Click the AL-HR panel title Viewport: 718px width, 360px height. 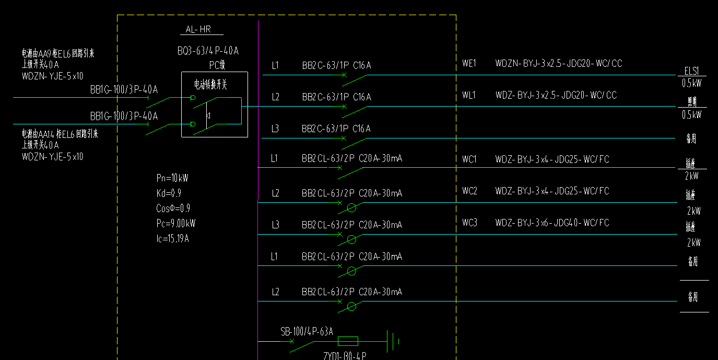pyautogui.click(x=198, y=30)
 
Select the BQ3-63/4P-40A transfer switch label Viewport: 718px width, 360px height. pyautogui.click(x=208, y=51)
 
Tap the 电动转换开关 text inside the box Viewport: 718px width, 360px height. pyautogui.click(x=211, y=84)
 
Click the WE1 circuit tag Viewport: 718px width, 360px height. pyautogui.click(x=469, y=64)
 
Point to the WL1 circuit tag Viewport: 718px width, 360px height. pyautogui.click(x=469, y=95)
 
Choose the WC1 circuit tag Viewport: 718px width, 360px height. pyautogui.click(x=469, y=159)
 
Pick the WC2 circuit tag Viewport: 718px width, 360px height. pyautogui.click(x=469, y=191)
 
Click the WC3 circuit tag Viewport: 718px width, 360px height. pyautogui.click(x=469, y=223)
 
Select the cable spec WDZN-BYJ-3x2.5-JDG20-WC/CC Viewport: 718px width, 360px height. pyautogui.click(x=558, y=64)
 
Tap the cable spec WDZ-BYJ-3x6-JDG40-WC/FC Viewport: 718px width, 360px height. pyautogui.click(x=552, y=223)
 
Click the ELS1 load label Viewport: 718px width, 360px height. pyautogui.click(x=691, y=71)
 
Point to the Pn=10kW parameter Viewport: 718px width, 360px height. pyautogui.click(x=172, y=178)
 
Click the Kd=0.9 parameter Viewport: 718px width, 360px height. pyautogui.click(x=169, y=193)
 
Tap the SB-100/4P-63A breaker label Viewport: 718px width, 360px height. pyautogui.click(x=307, y=331)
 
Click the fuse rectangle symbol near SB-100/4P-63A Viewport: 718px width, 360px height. pyautogui.click(x=348, y=342)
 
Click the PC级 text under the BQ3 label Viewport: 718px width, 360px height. pyautogui.click(x=217, y=65)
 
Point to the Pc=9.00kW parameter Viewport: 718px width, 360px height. pyautogui.click(x=175, y=224)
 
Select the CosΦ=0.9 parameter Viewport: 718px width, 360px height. pyautogui.click(x=173, y=208)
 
